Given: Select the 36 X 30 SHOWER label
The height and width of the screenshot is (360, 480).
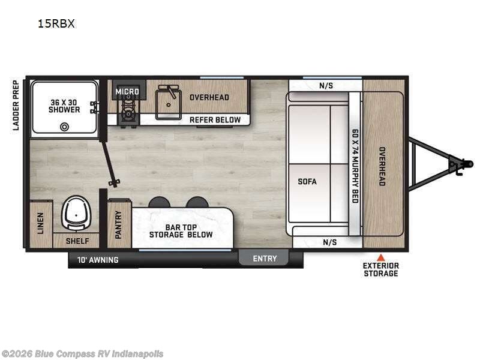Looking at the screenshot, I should (65, 106).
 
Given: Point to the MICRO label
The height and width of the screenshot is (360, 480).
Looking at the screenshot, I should (127, 92).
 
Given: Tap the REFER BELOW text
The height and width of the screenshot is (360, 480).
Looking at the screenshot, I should (215, 119).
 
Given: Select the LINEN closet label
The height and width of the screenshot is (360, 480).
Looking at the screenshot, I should (41, 223).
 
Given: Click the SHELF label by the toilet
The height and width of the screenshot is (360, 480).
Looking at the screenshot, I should (76, 241).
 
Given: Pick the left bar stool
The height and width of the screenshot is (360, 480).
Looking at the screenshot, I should (159, 202).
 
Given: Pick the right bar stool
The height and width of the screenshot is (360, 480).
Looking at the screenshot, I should (197, 202).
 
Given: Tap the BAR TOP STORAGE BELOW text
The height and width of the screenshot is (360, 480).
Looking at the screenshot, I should (181, 230).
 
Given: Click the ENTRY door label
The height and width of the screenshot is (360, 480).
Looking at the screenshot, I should (265, 259).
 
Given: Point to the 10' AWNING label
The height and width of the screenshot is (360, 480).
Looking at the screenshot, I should (98, 260).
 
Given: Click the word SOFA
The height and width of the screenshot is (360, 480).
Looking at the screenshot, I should (307, 181).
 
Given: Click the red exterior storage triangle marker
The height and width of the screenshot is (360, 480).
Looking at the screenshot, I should (380, 256).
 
